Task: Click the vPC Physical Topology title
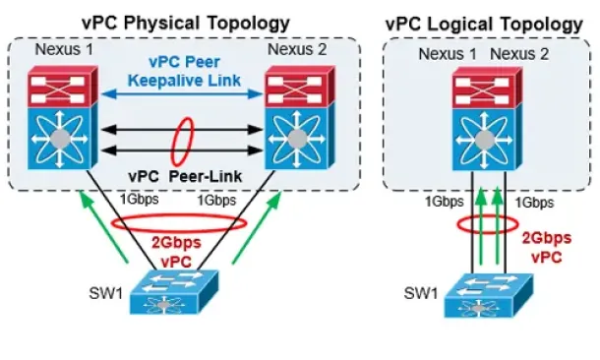186,23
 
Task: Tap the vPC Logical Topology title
484,25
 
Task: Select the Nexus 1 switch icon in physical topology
63,117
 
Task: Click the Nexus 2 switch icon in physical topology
300,117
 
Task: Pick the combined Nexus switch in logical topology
487,119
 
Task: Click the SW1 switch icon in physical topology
174,292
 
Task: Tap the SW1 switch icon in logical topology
488,295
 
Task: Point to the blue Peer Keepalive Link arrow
183,93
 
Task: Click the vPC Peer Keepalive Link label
185,71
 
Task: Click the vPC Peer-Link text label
185,176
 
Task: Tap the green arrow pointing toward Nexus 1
103,227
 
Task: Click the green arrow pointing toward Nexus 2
257,227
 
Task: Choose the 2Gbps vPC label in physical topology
176,252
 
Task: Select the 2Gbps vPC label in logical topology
547,247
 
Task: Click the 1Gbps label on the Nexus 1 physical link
140,200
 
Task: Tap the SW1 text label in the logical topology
421,293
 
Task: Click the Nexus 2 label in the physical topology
297,50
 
